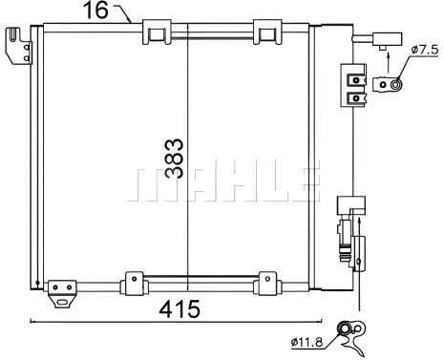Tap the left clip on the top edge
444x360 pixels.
(x=154, y=32)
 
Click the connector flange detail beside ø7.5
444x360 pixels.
(x=393, y=85)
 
